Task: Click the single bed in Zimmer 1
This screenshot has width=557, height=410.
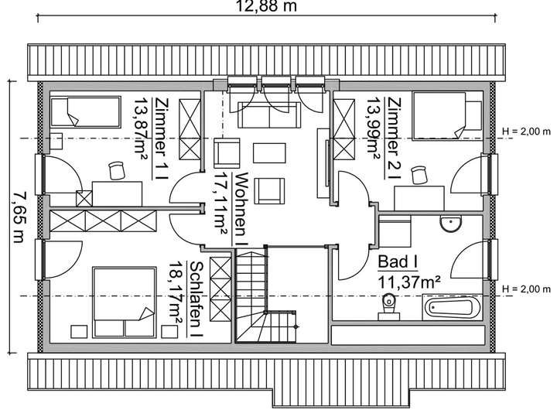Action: tap(85, 113)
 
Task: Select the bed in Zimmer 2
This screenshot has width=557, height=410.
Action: tap(438, 115)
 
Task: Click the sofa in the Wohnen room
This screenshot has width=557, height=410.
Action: tap(269, 114)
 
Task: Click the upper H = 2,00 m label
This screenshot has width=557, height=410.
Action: tap(528, 131)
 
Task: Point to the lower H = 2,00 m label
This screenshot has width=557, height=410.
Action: tap(528, 289)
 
